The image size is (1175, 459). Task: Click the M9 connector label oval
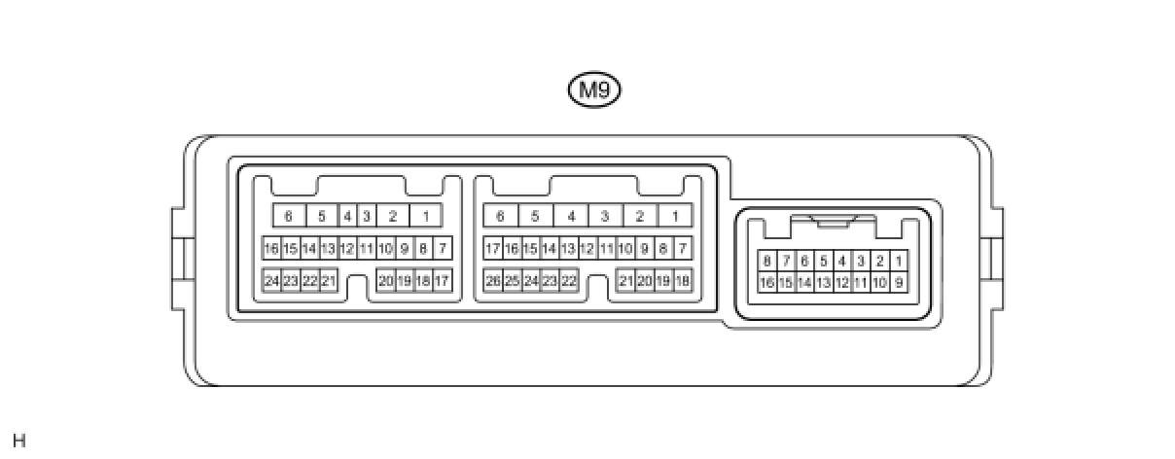593,90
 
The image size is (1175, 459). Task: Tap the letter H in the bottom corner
19,441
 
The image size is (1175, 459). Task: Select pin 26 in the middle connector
493,281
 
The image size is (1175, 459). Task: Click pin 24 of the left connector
272,281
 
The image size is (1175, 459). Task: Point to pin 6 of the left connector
289,216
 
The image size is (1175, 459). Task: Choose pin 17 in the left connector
442,281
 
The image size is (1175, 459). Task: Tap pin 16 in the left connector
272,248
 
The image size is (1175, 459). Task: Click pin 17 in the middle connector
493,248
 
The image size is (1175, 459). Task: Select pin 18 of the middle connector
682,281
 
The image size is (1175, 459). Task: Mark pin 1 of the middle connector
674,216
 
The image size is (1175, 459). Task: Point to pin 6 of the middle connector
500,216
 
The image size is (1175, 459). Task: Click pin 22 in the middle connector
569,281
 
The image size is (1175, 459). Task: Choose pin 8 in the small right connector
767,261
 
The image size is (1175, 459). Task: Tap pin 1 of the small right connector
899,261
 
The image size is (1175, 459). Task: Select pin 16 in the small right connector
767,283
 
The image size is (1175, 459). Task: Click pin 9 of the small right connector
899,283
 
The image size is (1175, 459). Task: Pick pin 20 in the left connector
386,281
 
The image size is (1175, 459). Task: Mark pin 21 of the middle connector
626,281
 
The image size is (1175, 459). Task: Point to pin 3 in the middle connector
605,216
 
